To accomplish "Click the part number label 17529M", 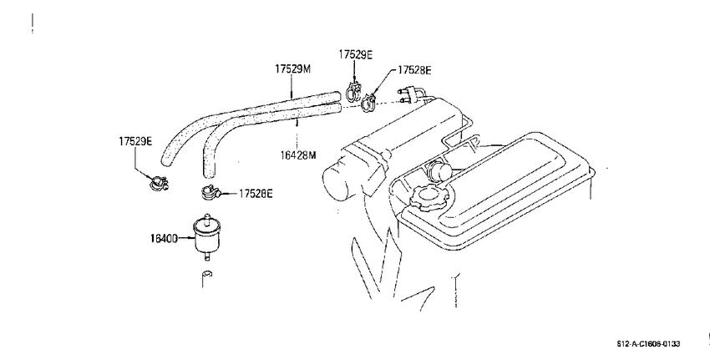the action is pos(293,68).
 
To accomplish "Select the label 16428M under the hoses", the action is pos(297,155).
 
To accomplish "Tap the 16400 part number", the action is pos(164,238).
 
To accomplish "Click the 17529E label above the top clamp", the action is pos(356,54).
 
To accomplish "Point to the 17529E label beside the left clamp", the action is pos(135,141).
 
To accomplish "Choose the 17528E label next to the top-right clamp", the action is pos(414,69).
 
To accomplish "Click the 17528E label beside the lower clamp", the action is pos(256,194).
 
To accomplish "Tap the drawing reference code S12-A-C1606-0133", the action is pos(648,344).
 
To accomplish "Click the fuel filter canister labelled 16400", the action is pos(206,237).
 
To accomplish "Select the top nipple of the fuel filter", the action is pos(207,217).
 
